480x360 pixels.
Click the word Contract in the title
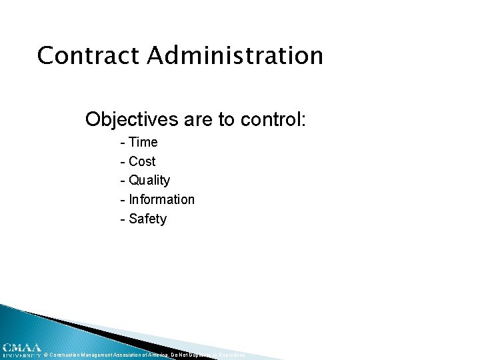point(89,55)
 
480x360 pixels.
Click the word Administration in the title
point(235,55)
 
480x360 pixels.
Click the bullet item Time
point(143,142)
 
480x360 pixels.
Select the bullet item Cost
point(142,161)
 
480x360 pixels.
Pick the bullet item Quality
point(149,181)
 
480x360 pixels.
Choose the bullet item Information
point(162,199)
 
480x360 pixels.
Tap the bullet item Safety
point(147,219)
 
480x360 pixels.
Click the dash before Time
point(123,143)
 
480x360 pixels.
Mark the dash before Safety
point(123,219)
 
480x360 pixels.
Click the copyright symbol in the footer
point(45,355)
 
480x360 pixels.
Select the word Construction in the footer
point(65,355)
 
